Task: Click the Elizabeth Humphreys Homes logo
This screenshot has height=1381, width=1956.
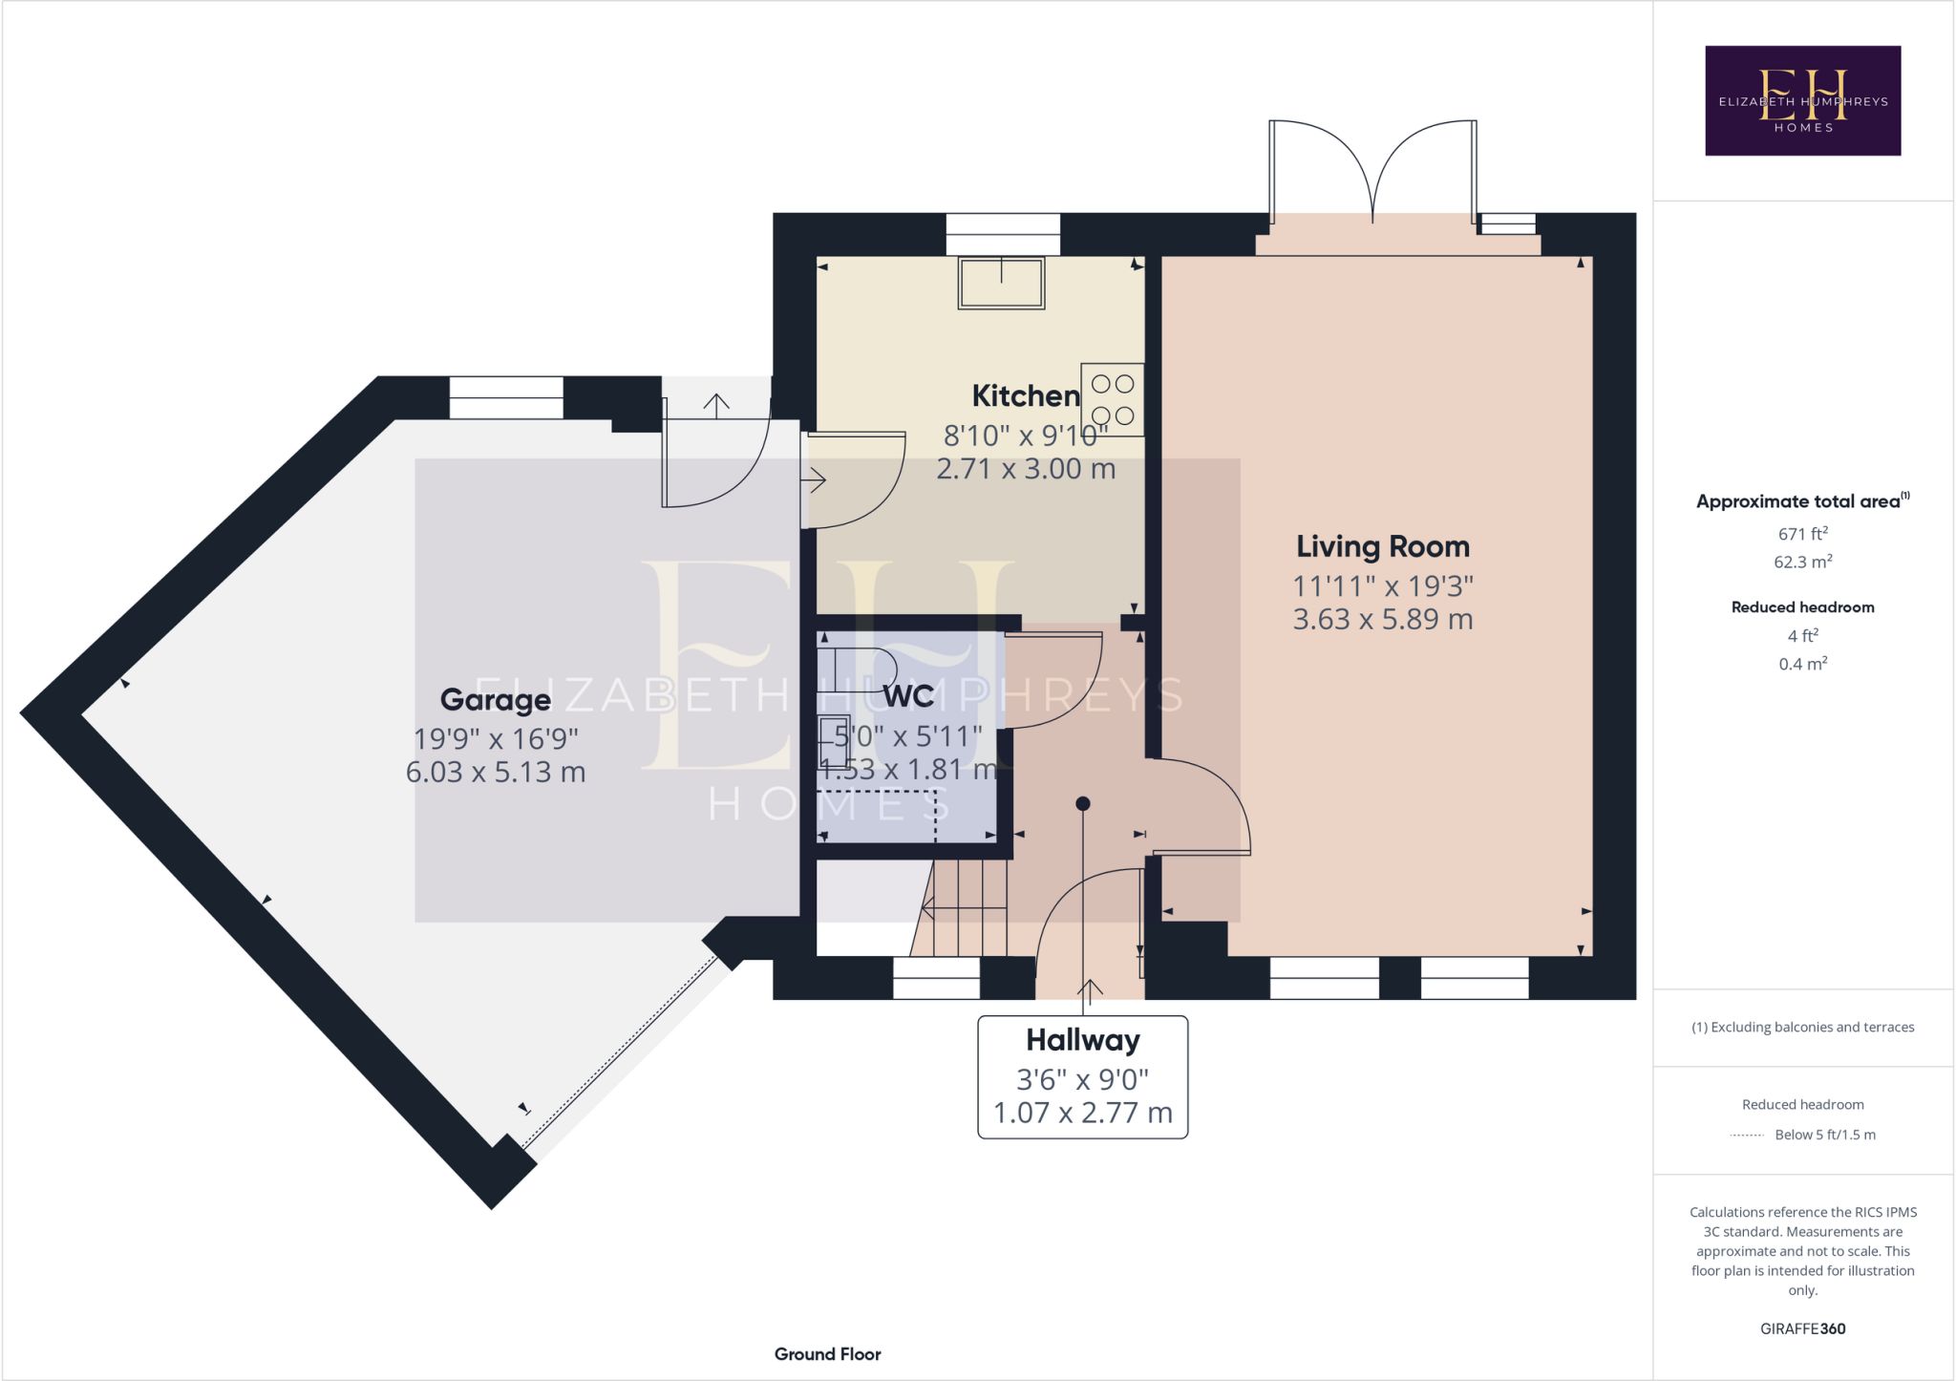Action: point(1802,100)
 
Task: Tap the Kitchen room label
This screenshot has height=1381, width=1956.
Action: point(1026,395)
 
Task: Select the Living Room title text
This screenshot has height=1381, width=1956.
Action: point(1383,546)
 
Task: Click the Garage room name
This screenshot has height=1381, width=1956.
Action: point(495,700)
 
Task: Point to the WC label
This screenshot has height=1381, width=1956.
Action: point(908,697)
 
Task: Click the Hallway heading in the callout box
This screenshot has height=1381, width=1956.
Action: point(1083,1040)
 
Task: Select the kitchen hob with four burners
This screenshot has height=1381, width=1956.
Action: point(1113,399)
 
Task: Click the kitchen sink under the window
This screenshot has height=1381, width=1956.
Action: point(1001,283)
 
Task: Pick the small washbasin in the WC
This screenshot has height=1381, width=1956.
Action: point(835,742)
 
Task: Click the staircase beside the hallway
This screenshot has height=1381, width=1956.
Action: point(960,907)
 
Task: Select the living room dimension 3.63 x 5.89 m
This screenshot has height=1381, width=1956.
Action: point(1383,619)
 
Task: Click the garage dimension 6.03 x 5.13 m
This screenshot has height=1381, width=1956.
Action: point(496,772)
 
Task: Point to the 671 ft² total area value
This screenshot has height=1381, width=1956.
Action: point(1802,534)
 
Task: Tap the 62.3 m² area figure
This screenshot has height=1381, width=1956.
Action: point(1802,562)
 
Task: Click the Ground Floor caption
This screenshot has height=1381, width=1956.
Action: point(827,1354)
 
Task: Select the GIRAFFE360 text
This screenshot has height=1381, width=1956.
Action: point(1802,1328)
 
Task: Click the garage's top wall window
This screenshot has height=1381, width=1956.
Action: point(506,397)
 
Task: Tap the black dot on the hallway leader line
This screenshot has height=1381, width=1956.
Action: point(1082,804)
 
